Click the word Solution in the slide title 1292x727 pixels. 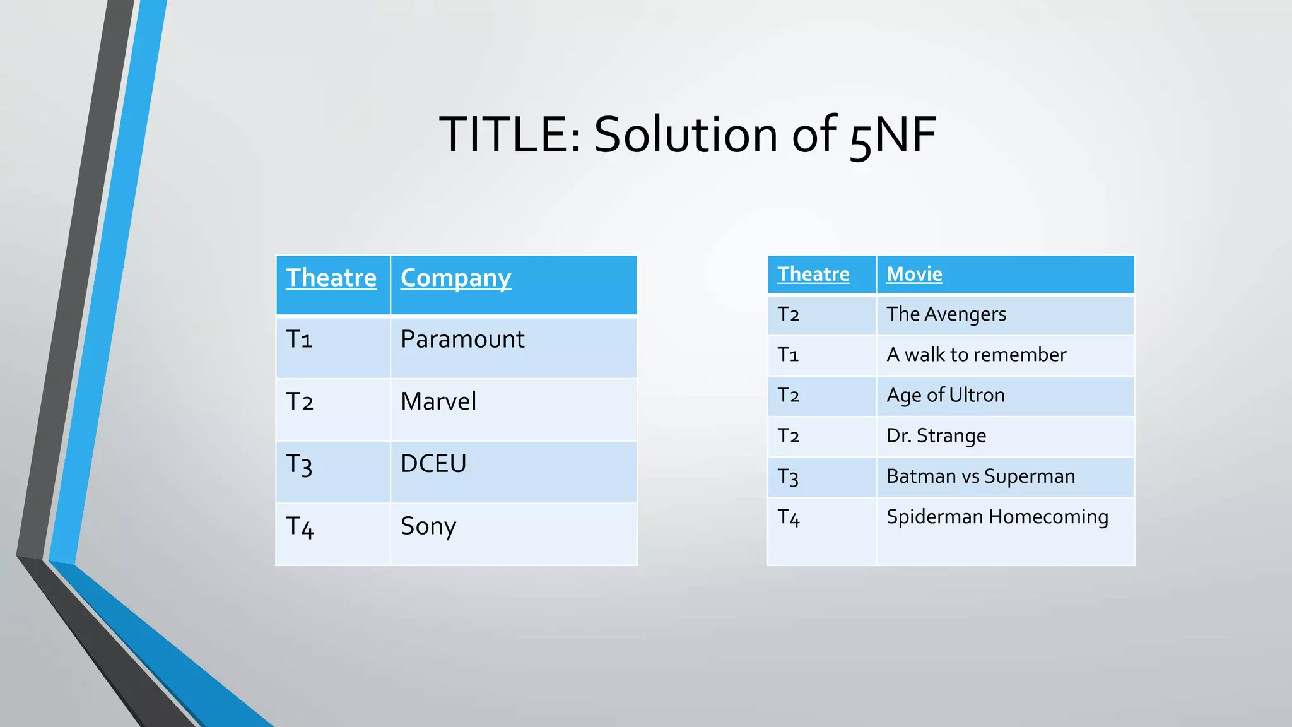pos(686,134)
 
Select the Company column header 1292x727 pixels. pos(455,278)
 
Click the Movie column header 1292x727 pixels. pos(914,274)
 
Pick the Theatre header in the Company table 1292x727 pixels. pos(331,278)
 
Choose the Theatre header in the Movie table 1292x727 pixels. pos(813,274)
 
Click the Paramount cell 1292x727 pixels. pos(462,340)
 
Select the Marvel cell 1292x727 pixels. pos(438,401)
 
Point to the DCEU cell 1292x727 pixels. pos(433,464)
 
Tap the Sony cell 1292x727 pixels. pos(428,526)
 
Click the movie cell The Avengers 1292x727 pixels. pos(946,314)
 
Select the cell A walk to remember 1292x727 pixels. pos(976,355)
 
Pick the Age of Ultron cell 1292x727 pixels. pos(945,395)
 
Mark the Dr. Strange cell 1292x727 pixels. pos(936,435)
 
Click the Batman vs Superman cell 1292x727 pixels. pos(980,476)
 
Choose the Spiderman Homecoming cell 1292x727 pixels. pos(997,517)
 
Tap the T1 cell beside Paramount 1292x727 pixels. pos(300,340)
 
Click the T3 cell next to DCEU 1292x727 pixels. pos(300,464)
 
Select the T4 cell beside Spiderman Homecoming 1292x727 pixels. pos(789,517)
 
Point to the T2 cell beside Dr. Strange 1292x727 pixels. pos(789,435)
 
